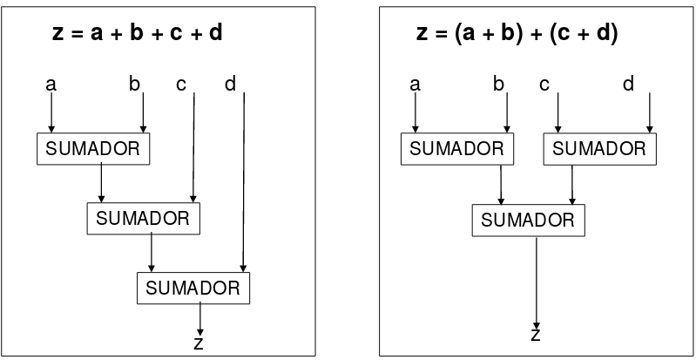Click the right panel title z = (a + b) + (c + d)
coord(517,34)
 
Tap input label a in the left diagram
coord(51,85)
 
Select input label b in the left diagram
coord(135,85)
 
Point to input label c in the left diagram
coord(180,85)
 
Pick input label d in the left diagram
coord(231,85)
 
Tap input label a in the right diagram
coord(415,85)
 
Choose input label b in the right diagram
coord(498,85)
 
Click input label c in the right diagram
coord(544,85)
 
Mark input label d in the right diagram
coord(628,85)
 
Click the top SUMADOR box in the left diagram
coord(94,148)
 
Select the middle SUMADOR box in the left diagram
coord(143,218)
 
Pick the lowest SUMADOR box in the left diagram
coord(193,288)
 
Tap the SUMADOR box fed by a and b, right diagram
coord(456,148)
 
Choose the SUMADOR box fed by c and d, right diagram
coord(599,148)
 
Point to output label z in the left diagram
coord(199,343)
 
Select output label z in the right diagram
coord(535,336)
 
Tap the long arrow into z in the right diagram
coord(536,279)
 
